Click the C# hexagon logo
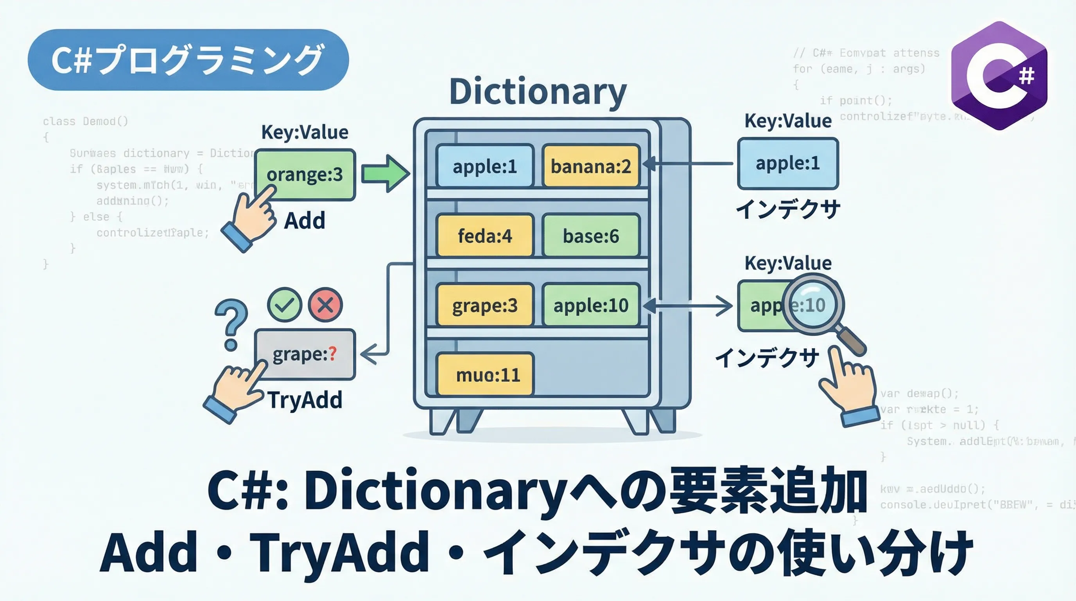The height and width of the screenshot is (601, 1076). point(999,76)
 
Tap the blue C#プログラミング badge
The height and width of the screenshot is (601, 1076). point(188,60)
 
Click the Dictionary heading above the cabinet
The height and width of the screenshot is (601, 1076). point(538,92)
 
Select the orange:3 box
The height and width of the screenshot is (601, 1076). point(305,175)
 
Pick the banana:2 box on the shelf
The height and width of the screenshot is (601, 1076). point(591,166)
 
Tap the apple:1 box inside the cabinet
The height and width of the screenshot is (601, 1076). point(484,166)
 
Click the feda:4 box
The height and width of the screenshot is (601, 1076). point(484,236)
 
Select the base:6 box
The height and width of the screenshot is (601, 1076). point(591,236)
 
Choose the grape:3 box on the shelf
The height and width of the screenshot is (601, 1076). point(484,305)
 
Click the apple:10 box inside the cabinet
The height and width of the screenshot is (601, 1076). point(591,305)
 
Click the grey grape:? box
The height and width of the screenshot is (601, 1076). point(305,354)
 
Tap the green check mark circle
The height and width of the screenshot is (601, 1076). point(285,305)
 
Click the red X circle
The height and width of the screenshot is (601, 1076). point(325,305)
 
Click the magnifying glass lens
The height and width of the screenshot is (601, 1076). point(813,304)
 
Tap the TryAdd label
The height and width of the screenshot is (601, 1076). point(305,400)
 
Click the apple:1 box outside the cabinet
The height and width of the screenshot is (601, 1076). point(788,164)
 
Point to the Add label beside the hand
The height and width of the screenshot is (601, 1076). point(305,220)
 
